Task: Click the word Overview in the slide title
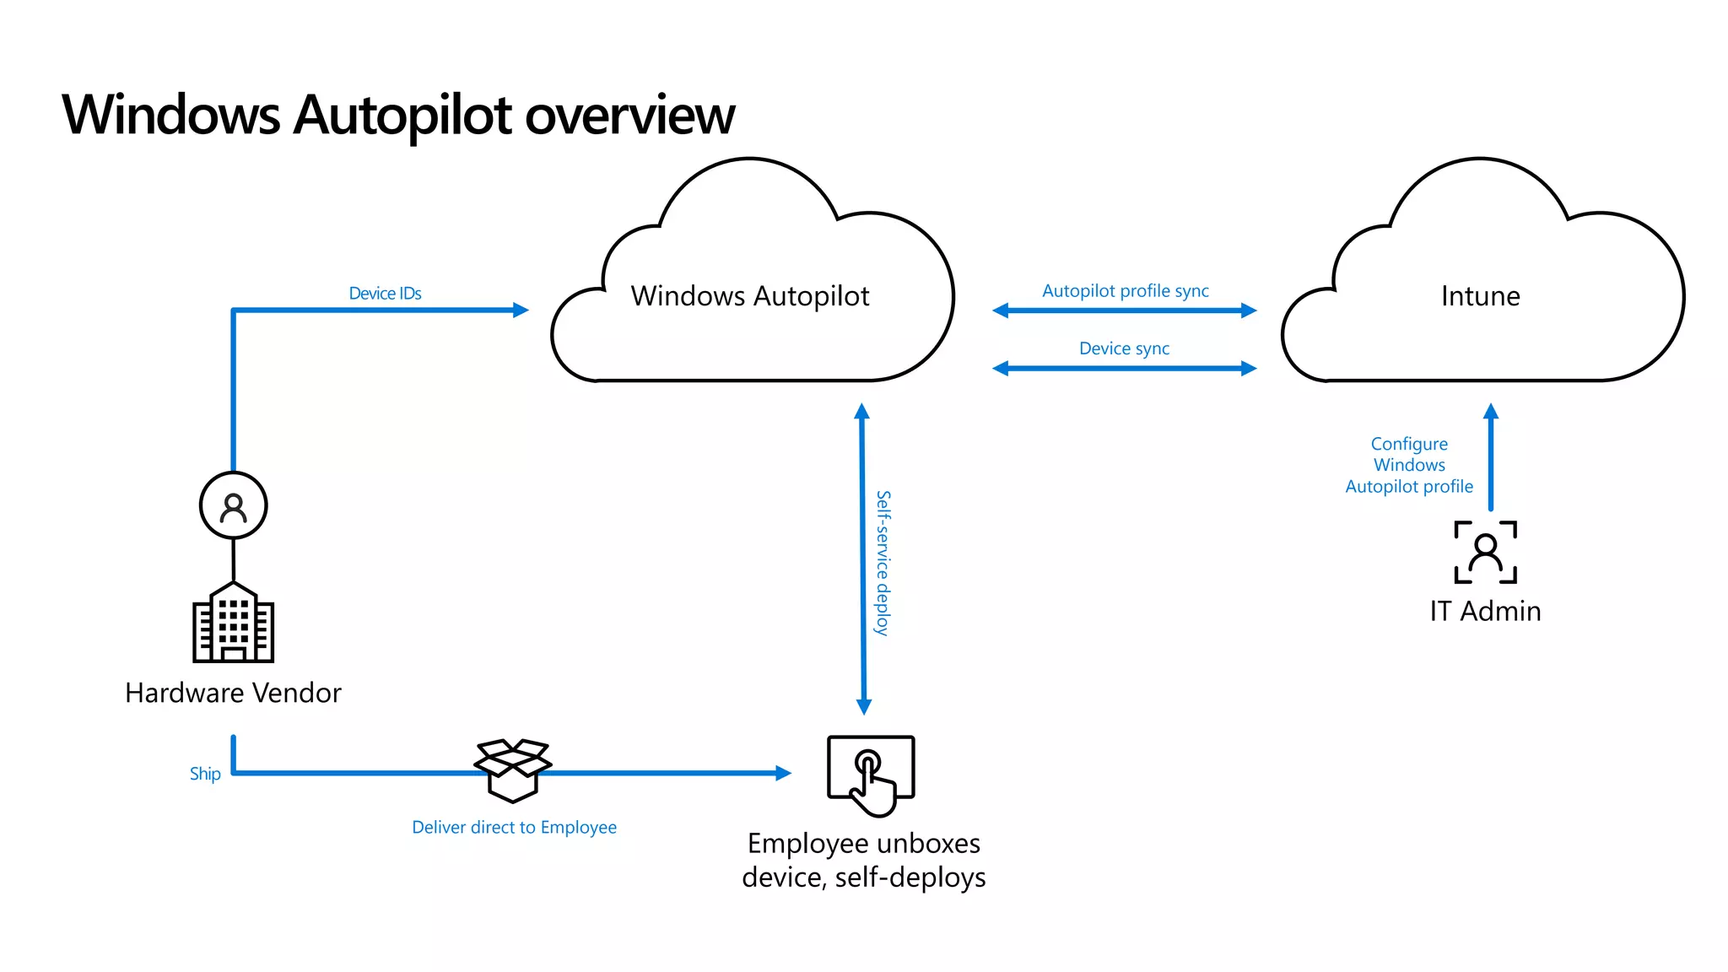(629, 115)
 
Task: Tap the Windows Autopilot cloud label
(749, 296)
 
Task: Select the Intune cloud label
(1480, 296)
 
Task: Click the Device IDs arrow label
(385, 294)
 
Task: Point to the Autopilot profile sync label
(1125, 291)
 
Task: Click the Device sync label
(1124, 348)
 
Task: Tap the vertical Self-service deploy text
(883, 563)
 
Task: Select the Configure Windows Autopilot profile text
(1409, 465)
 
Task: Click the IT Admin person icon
(1485, 553)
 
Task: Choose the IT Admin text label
(1485, 611)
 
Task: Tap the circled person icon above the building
(234, 505)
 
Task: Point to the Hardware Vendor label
(233, 693)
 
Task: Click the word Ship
(205, 774)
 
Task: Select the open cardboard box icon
(513, 769)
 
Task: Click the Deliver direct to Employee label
(514, 828)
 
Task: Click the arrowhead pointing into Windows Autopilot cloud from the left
(521, 310)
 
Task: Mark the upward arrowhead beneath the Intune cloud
(1491, 412)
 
